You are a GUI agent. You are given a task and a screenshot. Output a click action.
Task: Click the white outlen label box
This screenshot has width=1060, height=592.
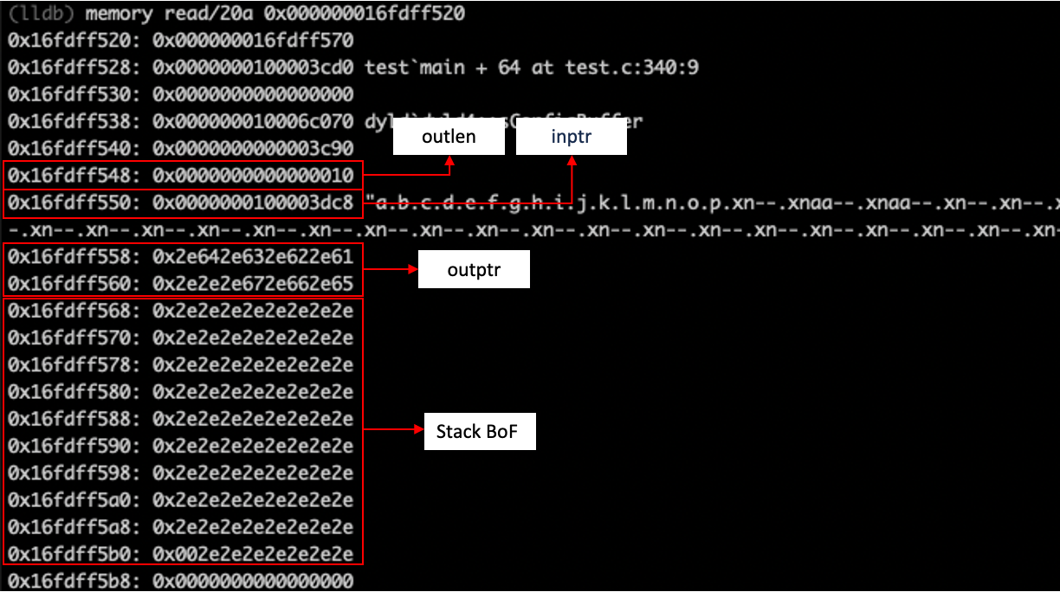click(x=449, y=138)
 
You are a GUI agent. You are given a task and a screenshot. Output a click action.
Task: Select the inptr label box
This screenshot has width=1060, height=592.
click(x=571, y=138)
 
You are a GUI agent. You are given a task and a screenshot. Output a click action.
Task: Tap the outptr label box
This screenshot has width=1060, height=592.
click(x=473, y=270)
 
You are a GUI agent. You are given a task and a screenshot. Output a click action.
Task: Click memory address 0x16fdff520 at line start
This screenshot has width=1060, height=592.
click(x=70, y=40)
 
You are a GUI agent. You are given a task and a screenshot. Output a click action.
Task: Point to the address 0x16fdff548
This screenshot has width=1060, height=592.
click(x=70, y=176)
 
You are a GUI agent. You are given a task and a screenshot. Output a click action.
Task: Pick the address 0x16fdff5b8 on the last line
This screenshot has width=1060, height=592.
click(x=70, y=580)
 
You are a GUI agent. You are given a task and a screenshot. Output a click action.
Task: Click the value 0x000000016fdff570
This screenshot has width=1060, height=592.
click(x=253, y=40)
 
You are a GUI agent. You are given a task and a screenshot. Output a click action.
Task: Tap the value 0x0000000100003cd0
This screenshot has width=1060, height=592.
click(x=253, y=67)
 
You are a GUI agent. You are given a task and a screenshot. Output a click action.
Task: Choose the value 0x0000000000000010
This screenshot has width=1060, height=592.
click(x=253, y=176)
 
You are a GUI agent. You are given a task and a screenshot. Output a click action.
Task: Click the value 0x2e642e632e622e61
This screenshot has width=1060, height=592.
click(x=253, y=257)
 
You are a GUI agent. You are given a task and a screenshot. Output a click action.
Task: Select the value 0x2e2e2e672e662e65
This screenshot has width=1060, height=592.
click(x=253, y=284)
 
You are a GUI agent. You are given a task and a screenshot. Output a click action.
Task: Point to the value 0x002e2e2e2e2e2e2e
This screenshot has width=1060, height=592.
click(x=253, y=553)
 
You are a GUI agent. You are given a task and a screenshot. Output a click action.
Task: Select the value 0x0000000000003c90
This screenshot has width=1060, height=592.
click(x=253, y=148)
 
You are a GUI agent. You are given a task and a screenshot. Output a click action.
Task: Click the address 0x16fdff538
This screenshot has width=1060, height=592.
click(x=70, y=121)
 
